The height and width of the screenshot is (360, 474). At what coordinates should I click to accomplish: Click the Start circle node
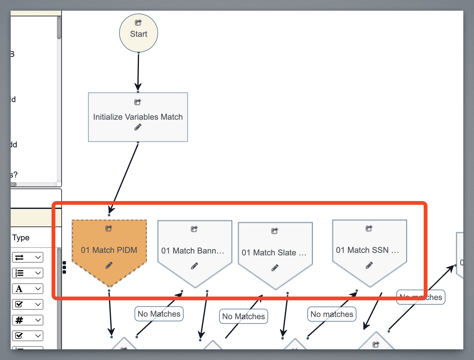138,33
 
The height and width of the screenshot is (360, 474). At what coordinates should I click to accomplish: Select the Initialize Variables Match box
138,117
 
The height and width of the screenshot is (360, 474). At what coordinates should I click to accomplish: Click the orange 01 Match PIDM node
109,250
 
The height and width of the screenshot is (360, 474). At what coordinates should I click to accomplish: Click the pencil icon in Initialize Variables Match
138,127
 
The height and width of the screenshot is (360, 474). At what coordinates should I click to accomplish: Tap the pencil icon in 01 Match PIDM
109,265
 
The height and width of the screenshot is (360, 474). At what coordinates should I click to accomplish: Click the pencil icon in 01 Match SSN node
369,265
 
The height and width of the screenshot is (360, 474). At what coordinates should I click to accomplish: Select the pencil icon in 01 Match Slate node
275,268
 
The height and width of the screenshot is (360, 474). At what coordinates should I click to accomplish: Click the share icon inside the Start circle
138,23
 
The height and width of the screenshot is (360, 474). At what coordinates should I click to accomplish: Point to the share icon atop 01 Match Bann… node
194,229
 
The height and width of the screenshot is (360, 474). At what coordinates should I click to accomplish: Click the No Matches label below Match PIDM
159,314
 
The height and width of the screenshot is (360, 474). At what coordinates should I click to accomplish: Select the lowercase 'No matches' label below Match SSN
332,314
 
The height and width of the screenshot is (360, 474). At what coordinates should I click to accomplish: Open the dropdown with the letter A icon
28,289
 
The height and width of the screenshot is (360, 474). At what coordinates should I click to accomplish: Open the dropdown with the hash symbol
28,320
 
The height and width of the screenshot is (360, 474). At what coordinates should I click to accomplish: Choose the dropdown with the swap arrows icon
28,257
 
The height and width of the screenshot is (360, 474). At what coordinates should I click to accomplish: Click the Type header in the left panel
21,237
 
